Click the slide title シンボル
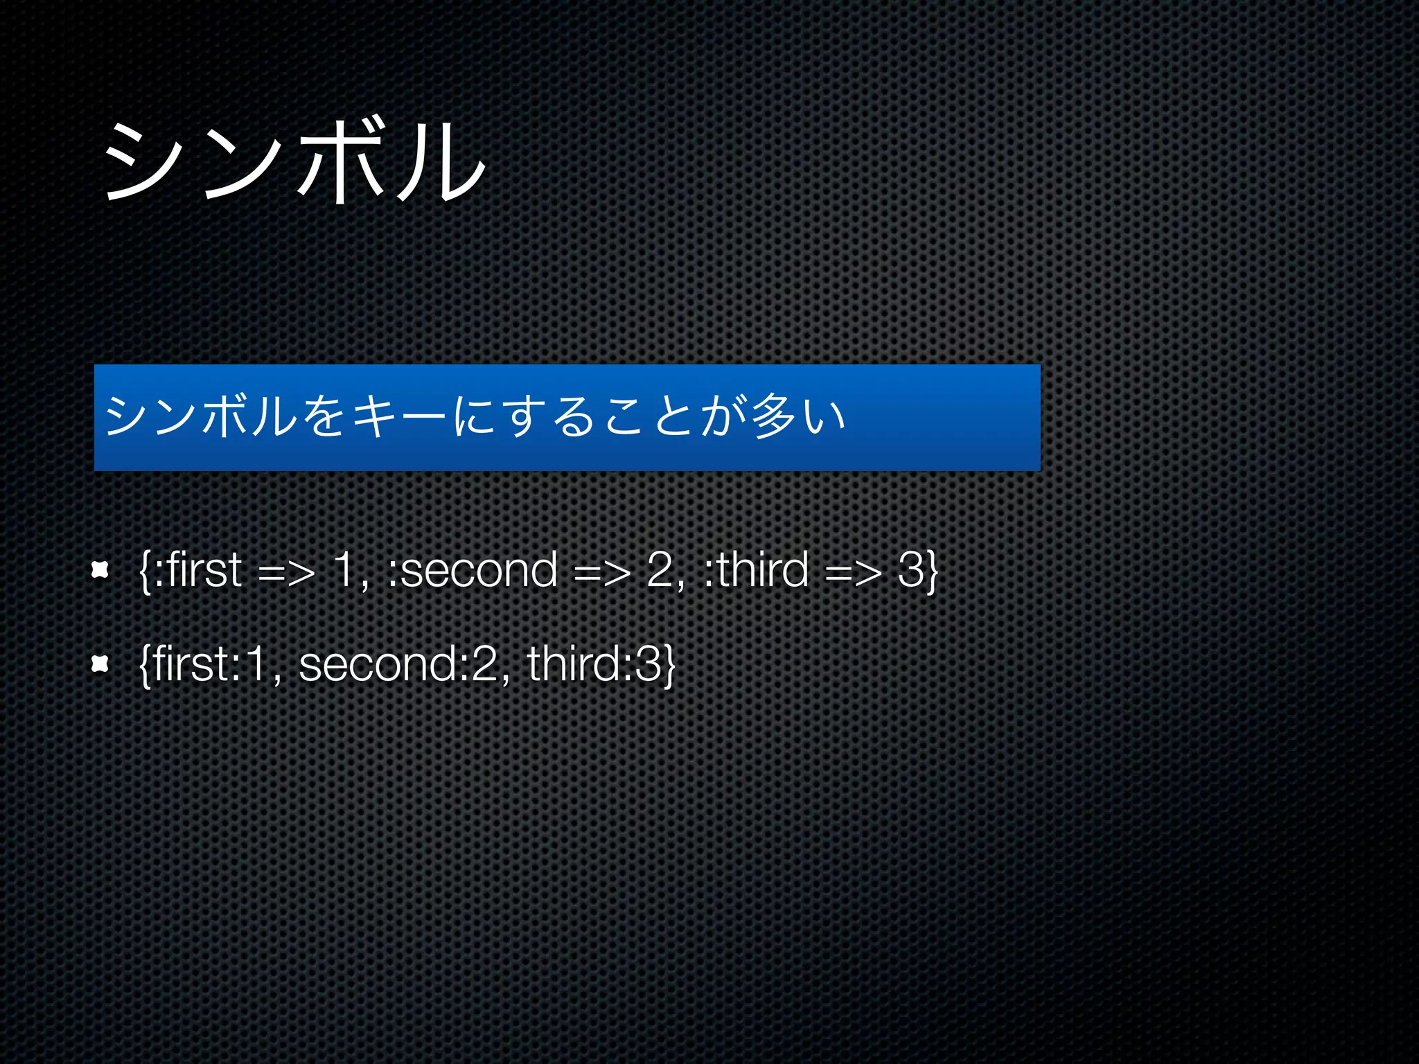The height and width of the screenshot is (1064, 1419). pyautogui.click(x=294, y=161)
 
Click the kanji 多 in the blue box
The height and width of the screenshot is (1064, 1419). pyautogui.click(x=774, y=416)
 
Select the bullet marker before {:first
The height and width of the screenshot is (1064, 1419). pyautogui.click(x=100, y=570)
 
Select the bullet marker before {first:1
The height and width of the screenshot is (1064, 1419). pyautogui.click(x=100, y=664)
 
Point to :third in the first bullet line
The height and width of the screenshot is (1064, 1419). pyautogui.click(x=756, y=570)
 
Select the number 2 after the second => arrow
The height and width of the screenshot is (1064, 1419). pyautogui.click(x=660, y=570)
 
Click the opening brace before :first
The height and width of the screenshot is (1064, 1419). pyautogui.click(x=144, y=571)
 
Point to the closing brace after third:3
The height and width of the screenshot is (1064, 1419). pyautogui.click(x=669, y=666)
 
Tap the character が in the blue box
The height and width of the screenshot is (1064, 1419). pyautogui.click(x=723, y=416)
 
